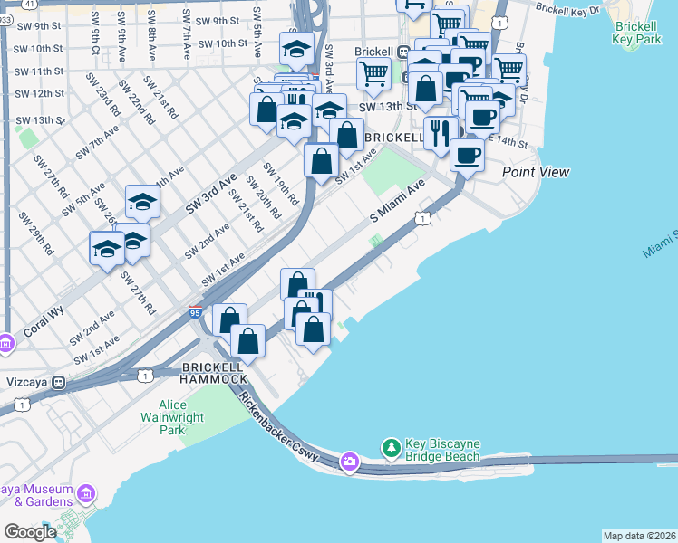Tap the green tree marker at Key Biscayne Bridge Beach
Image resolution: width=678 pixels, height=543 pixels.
click(x=392, y=448)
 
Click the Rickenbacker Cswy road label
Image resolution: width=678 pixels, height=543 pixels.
click(x=279, y=424)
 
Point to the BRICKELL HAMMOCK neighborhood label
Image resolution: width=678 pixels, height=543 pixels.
click(x=215, y=372)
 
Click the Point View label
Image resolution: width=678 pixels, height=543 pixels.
click(x=536, y=172)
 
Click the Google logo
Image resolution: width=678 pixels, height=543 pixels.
click(x=29, y=531)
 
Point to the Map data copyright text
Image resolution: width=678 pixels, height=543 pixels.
click(x=639, y=536)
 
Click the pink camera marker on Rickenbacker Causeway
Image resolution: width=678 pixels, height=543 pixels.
click(x=349, y=463)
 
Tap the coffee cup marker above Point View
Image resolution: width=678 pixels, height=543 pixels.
click(x=467, y=155)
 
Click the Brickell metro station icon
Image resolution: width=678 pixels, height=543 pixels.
click(x=413, y=51)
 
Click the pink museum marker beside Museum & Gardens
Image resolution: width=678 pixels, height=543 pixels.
click(x=87, y=494)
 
